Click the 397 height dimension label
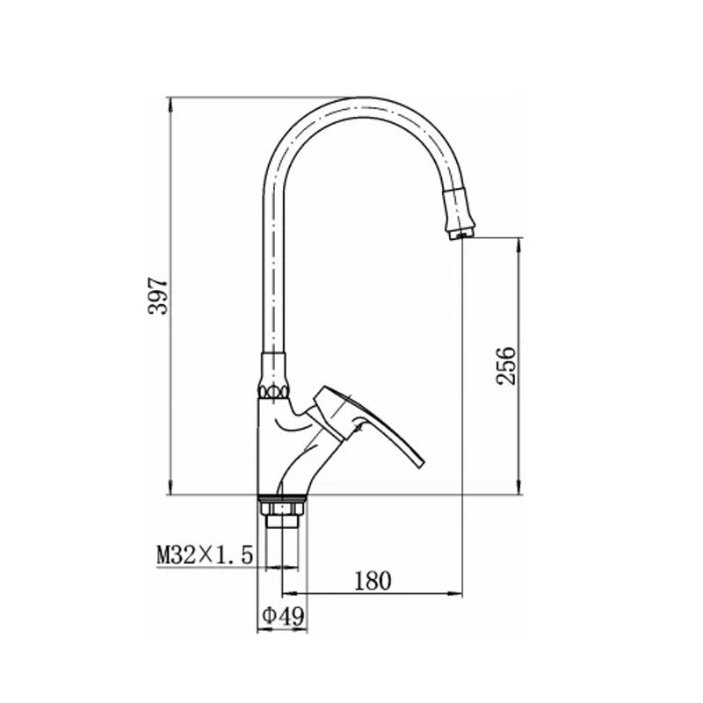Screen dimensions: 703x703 [x=158, y=296]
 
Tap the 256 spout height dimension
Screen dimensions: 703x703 [x=507, y=366]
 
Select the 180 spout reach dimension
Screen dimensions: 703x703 [x=373, y=581]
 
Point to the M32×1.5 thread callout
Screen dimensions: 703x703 [x=205, y=554]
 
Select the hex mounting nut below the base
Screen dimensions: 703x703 [x=283, y=508]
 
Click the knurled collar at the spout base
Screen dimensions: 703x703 [x=272, y=392]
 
